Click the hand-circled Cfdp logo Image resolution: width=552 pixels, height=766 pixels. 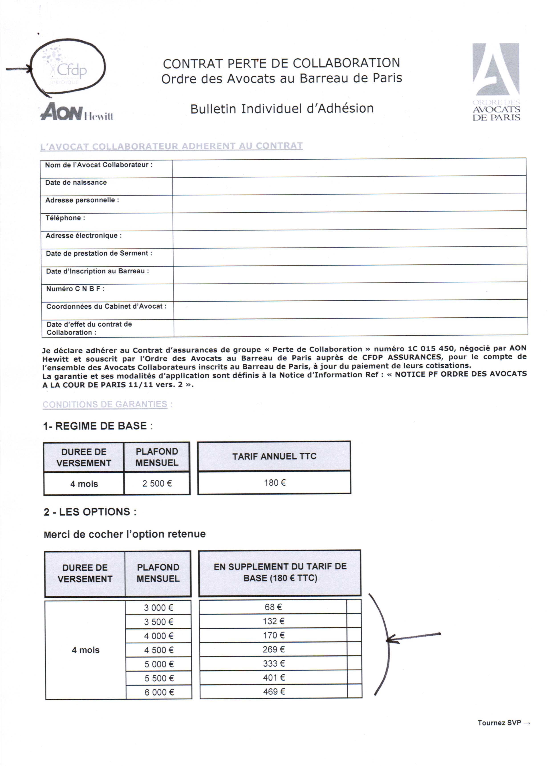coord(67,68)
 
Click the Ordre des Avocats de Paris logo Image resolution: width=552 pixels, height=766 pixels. coord(496,82)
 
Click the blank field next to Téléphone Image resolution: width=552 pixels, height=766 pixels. coord(349,221)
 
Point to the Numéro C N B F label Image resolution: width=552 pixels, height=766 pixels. coord(75,289)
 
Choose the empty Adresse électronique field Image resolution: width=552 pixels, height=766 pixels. coord(349,238)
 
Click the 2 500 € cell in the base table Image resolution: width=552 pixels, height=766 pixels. coord(157,483)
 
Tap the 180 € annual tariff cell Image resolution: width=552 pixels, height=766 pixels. coord(274,483)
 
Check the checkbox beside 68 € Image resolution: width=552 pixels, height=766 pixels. coord(354,607)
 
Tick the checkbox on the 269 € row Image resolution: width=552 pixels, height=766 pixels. coord(354,649)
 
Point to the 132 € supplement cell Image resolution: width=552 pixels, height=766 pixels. coord(273,621)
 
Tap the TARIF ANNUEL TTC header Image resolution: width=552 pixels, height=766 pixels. coord(274,456)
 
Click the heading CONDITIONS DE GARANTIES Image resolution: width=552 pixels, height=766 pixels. coord(105,405)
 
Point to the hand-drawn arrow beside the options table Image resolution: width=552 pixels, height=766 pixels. coord(413,637)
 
